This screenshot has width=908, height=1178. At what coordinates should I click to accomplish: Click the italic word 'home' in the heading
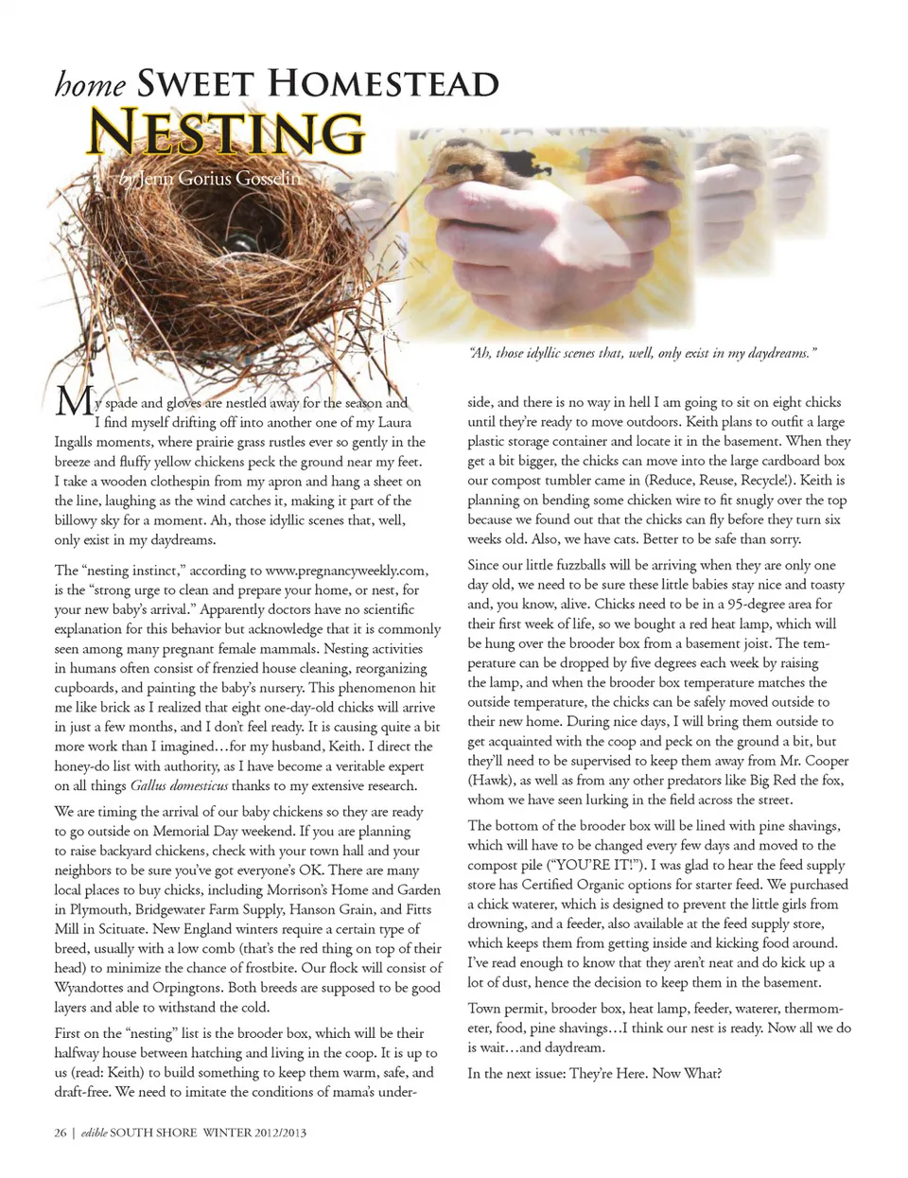[x=90, y=85]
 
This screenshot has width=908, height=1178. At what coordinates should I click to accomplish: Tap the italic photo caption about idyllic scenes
[x=642, y=353]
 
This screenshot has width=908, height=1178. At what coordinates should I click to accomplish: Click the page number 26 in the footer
[x=61, y=1132]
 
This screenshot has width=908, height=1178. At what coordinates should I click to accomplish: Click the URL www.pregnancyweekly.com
[x=346, y=570]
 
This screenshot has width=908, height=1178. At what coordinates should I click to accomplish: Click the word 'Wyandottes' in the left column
[x=88, y=988]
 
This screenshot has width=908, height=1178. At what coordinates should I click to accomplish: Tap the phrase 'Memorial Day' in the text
[x=196, y=831]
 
